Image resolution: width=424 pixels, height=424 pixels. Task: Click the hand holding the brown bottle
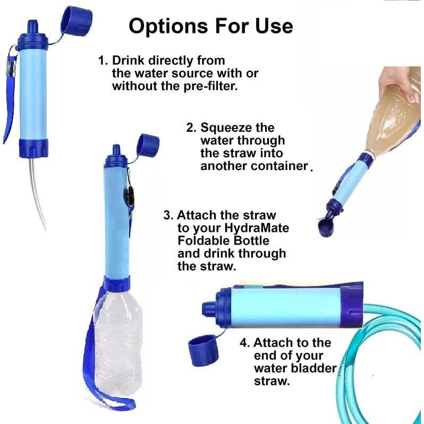tap(399, 82)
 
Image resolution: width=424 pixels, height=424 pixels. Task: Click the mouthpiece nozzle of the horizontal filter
tap(208, 307)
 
